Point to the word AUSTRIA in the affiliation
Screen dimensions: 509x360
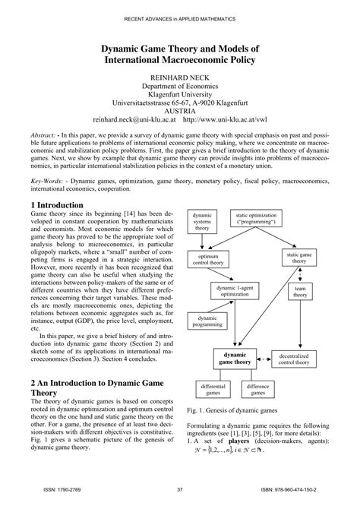click(180, 109)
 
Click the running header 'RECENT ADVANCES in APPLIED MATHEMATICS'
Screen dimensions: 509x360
click(180, 17)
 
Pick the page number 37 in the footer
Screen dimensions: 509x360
click(180, 489)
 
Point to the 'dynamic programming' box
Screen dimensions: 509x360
click(207, 321)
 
